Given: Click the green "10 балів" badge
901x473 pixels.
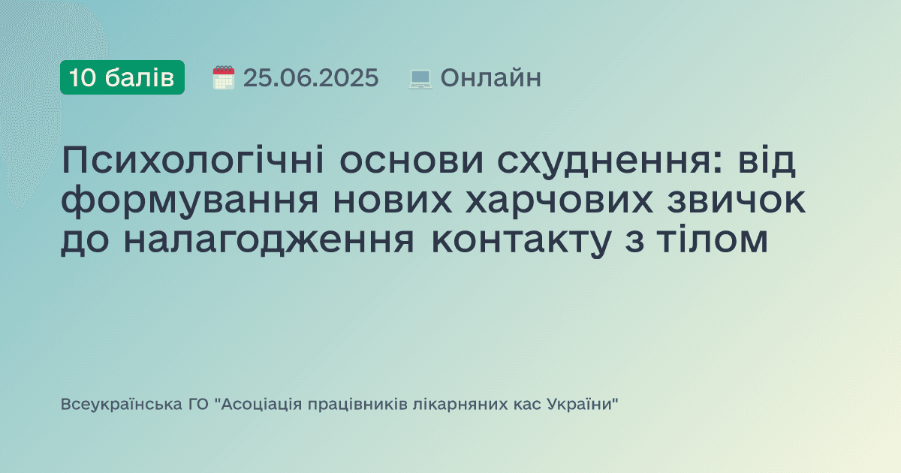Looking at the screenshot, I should pyautogui.click(x=122, y=77).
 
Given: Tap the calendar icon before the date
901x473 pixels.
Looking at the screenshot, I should pyautogui.click(x=223, y=77).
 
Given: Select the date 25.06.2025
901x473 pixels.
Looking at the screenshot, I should pyautogui.click(x=310, y=78).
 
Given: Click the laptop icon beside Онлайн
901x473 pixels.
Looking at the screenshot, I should pyautogui.click(x=420, y=78).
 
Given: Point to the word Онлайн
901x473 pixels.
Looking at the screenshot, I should pyautogui.click(x=490, y=78).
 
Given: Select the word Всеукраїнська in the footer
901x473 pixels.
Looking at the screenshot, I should pyautogui.click(x=119, y=405).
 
